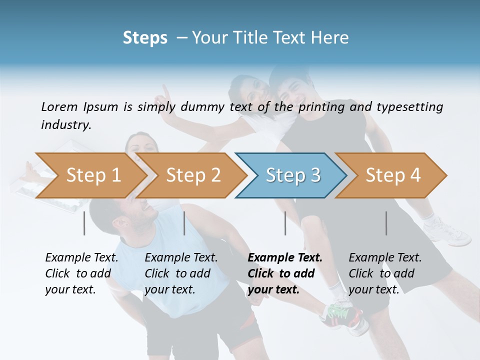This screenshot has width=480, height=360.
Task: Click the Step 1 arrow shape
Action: (90, 175)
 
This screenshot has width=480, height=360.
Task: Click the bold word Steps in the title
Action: (145, 38)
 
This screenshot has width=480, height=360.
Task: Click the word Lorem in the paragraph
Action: (59, 106)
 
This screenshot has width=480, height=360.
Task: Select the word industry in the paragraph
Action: (65, 125)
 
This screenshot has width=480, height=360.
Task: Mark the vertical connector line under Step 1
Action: (84, 223)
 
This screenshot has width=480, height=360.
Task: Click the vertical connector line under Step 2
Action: (184, 223)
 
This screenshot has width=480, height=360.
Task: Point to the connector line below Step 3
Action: (285, 223)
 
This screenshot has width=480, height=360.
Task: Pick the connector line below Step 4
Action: (386, 223)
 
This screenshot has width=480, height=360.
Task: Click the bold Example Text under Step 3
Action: (285, 258)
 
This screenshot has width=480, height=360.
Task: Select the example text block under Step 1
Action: (81, 273)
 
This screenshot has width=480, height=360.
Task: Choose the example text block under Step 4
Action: (384, 273)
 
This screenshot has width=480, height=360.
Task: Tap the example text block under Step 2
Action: (180, 273)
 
